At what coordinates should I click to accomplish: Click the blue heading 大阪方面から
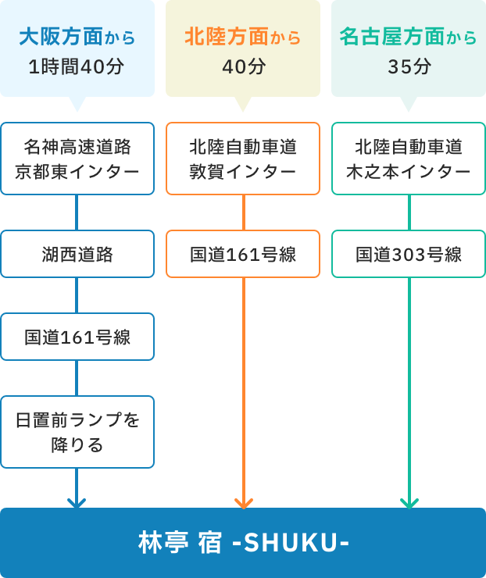pyautogui.click(x=77, y=37)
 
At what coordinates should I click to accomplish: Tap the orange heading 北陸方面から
pyautogui.click(x=243, y=37)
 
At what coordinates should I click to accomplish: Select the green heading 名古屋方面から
pyautogui.click(x=409, y=37)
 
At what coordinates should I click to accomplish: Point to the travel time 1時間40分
pyautogui.click(x=77, y=67)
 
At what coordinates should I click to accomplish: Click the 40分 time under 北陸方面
pyautogui.click(x=243, y=67)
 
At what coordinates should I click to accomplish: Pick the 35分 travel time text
pyautogui.click(x=409, y=67)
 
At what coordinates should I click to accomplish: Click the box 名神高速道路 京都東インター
pyautogui.click(x=77, y=158)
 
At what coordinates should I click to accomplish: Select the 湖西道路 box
pyautogui.click(x=77, y=254)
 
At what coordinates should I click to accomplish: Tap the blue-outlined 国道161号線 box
pyautogui.click(x=77, y=337)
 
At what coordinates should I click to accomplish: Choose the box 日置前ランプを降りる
pyautogui.click(x=77, y=432)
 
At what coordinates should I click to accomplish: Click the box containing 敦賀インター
pyautogui.click(x=243, y=158)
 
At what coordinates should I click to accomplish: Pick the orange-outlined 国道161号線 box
pyautogui.click(x=243, y=254)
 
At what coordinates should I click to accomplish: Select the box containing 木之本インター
pyautogui.click(x=409, y=158)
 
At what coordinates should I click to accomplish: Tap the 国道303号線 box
pyautogui.click(x=409, y=254)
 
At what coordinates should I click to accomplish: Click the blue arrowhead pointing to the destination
pyautogui.click(x=77, y=503)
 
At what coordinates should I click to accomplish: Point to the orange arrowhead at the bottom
pyautogui.click(x=244, y=503)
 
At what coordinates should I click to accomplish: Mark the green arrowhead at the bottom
pyautogui.click(x=409, y=503)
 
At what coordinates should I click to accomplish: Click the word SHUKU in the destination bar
pyautogui.click(x=291, y=543)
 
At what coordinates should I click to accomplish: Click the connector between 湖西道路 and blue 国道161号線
pyautogui.click(x=77, y=295)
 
